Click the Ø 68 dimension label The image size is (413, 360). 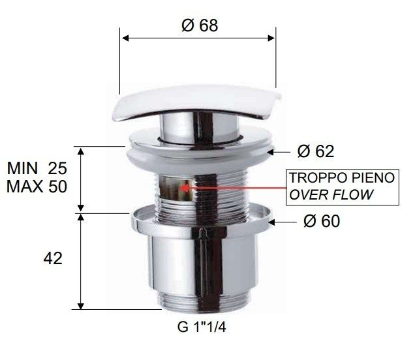tap(200, 25)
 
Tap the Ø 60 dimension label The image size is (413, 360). tap(322, 222)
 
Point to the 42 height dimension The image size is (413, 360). tap(53, 258)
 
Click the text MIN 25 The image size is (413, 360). tap(46, 168)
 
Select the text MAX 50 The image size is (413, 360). tap(46, 187)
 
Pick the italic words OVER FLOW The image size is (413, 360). tap(331, 194)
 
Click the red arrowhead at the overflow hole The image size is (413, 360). tap(184, 188)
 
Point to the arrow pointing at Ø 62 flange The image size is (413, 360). tap(280, 151)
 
